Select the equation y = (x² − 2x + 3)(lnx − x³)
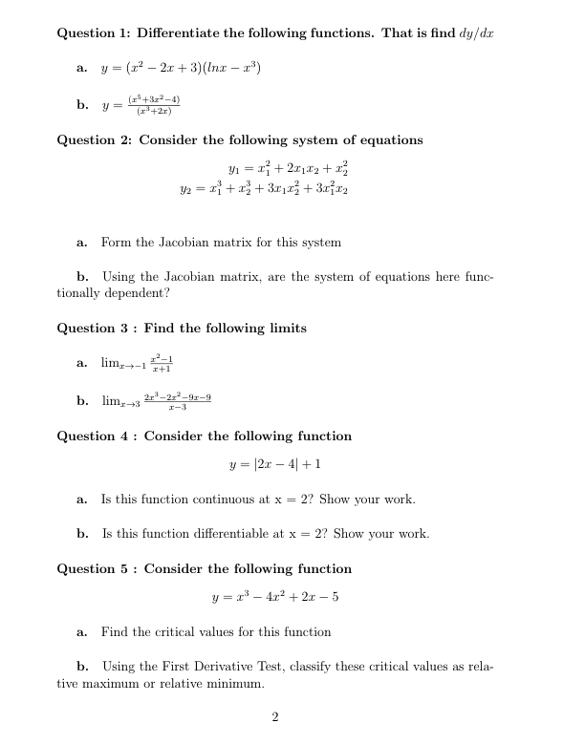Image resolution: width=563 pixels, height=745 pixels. (182, 68)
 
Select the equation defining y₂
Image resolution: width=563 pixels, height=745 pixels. (274, 188)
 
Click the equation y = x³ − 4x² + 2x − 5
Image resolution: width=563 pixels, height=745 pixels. (274, 599)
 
